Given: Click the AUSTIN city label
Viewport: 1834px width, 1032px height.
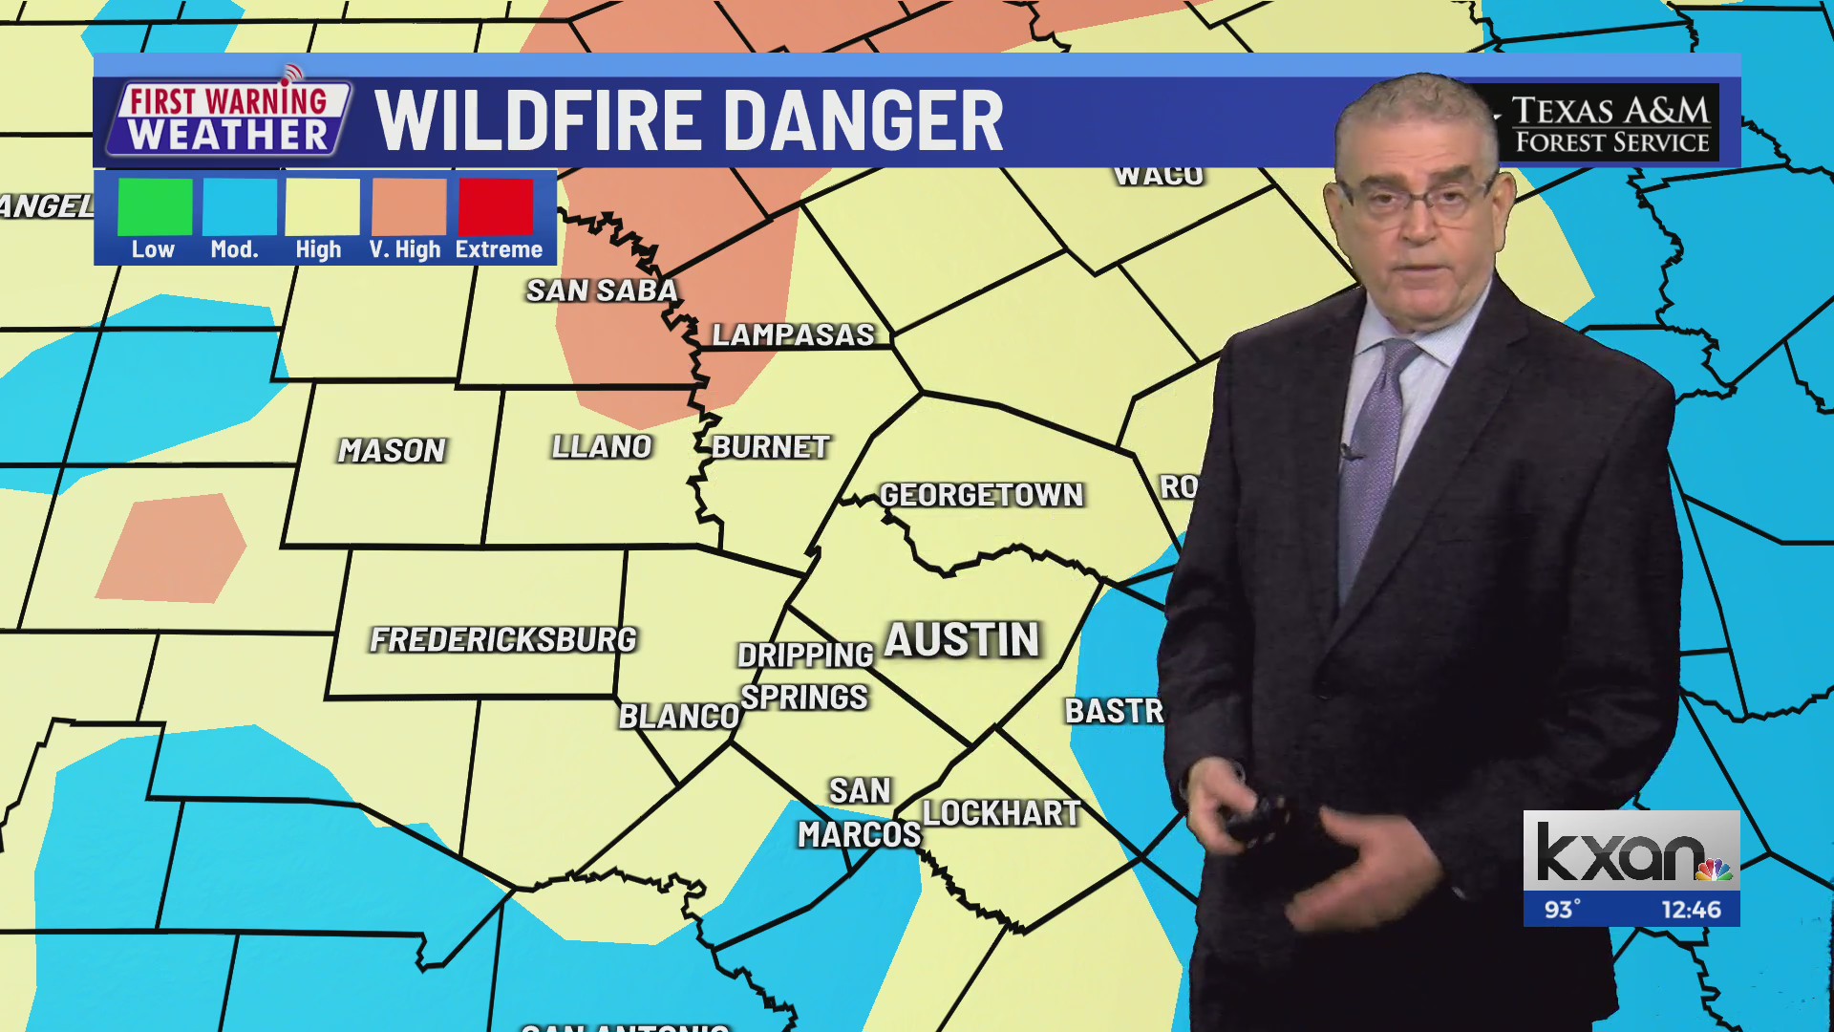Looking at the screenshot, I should [961, 640].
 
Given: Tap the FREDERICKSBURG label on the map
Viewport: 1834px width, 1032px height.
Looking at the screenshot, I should [503, 639].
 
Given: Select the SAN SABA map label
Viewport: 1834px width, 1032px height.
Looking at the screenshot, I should [602, 290].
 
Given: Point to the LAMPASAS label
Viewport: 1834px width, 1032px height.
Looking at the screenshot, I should [793, 334].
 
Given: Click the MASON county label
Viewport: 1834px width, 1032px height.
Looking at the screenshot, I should [392, 450].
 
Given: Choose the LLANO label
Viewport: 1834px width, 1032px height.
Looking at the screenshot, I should [602, 446].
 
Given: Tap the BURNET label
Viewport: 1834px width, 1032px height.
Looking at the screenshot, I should [770, 446].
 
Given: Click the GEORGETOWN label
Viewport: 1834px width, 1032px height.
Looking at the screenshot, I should [981, 495].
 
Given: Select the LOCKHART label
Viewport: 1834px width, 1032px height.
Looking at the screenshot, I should [1001, 813].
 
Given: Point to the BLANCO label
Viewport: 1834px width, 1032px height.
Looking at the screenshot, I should [679, 716].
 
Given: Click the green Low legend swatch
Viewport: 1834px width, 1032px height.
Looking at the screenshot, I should [155, 206].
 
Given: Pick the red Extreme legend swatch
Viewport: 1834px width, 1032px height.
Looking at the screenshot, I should [495, 206].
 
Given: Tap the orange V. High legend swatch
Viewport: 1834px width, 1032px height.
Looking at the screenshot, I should [409, 206].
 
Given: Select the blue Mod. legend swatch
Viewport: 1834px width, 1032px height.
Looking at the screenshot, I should [240, 206].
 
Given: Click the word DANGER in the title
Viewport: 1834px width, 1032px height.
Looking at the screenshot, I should [863, 121].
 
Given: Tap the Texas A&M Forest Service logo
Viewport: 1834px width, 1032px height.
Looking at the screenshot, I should [1611, 125].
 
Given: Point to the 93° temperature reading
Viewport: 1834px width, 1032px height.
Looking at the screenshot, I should [1563, 910].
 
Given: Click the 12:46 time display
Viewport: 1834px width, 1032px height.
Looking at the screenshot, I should [1691, 910].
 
